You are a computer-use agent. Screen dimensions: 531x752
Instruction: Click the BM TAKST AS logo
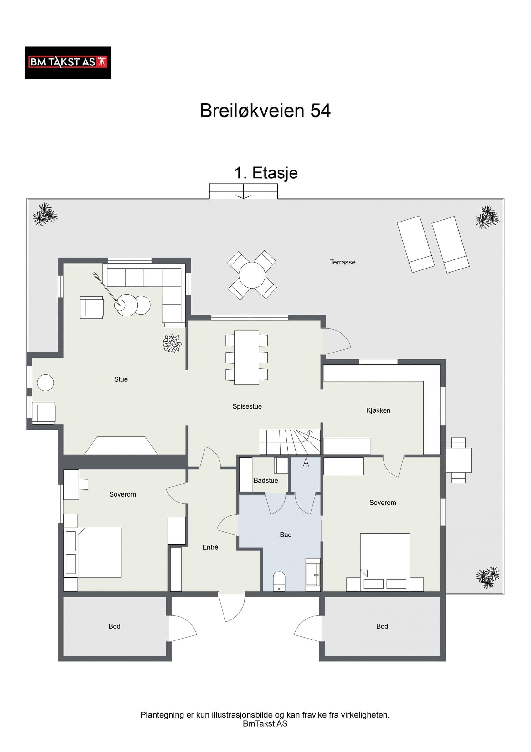click(68, 63)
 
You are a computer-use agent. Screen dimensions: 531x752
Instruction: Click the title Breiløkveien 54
click(265, 111)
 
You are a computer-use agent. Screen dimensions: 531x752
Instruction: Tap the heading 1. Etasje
click(266, 173)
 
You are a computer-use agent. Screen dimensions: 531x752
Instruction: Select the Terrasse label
click(343, 262)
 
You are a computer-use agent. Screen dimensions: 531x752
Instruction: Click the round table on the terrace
click(252, 275)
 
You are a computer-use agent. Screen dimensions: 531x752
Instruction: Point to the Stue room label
click(121, 379)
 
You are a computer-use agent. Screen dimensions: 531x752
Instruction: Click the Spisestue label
click(247, 406)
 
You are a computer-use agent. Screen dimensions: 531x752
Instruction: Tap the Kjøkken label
click(378, 411)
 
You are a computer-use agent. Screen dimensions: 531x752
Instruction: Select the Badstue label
click(266, 480)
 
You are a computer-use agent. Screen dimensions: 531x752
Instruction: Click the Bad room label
click(286, 535)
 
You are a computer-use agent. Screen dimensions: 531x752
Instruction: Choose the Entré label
click(210, 547)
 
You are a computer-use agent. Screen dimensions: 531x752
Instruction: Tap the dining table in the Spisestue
click(247, 358)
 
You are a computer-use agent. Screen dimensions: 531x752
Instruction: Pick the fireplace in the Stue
click(121, 446)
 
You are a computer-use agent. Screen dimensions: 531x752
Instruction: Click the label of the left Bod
click(115, 626)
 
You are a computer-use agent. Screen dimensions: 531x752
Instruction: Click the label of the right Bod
click(382, 626)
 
